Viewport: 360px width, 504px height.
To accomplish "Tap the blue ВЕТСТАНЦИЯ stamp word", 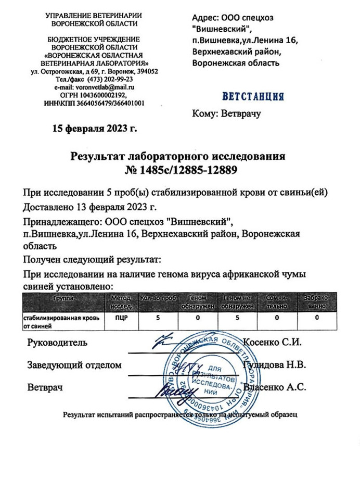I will click(x=253, y=96).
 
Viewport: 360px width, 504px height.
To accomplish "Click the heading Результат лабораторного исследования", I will click(x=178, y=156).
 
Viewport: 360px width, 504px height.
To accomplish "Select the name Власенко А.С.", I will click(x=275, y=387).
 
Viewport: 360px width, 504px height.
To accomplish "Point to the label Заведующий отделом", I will click(x=74, y=365).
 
